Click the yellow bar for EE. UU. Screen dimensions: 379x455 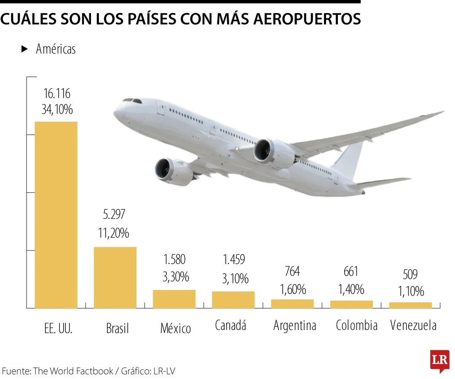56,215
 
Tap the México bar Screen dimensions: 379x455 174,299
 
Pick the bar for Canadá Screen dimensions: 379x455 233,299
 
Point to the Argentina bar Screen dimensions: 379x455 292,304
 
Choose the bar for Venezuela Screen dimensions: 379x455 410,305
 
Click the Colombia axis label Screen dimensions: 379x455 356,325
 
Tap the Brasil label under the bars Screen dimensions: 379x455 118,328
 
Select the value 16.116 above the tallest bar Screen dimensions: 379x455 57,93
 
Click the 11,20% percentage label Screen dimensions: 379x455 114,232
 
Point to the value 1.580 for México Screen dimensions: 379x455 174,259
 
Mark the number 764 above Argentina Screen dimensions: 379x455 292,271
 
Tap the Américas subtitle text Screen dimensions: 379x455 56,49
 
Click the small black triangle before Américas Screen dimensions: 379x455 24,49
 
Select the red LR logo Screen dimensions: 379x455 439,360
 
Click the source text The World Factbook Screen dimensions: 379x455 73,371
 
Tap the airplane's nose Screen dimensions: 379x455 116,110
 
